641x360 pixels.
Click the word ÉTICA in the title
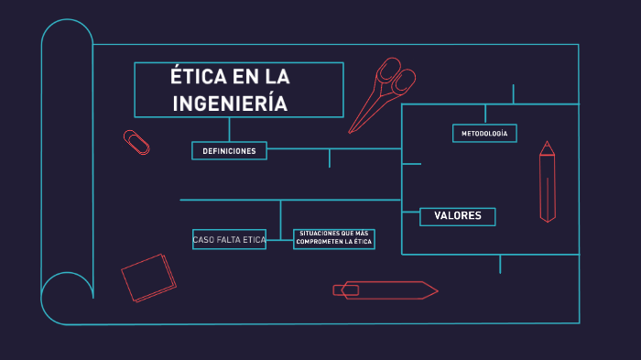(198, 76)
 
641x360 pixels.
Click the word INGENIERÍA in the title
(230, 103)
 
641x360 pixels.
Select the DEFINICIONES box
(229, 150)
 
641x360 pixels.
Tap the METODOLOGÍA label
(484, 134)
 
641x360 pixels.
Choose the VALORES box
(458, 216)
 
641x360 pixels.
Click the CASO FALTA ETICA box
(229, 240)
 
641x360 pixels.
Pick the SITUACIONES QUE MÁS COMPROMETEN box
(334, 238)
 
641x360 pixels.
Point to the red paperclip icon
(137, 142)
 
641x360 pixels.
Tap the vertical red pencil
(548, 183)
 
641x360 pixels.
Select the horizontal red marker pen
(385, 290)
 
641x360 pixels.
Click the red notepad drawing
(148, 277)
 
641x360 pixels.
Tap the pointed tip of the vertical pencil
(548, 144)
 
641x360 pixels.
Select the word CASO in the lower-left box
(202, 240)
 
